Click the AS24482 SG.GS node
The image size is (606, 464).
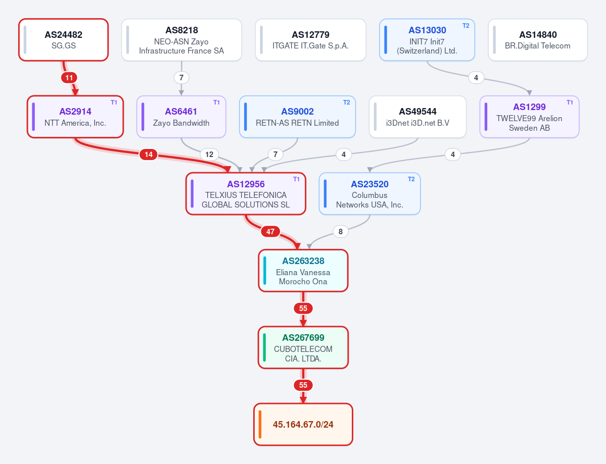pyautogui.click(x=63, y=40)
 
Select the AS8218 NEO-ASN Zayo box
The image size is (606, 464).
pyautogui.click(x=181, y=40)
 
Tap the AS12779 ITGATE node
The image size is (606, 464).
pyautogui.click(x=310, y=40)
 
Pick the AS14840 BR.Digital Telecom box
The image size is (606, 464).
pyautogui.click(x=538, y=40)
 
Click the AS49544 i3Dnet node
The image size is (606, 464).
pyautogui.click(x=417, y=117)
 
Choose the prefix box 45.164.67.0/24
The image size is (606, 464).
pyautogui.click(x=303, y=424)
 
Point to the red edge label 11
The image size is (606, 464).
pyautogui.click(x=69, y=78)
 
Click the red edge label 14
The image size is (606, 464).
pyautogui.click(x=149, y=154)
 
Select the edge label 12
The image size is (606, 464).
pyautogui.click(x=209, y=154)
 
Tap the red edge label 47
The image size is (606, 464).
pyautogui.click(x=270, y=232)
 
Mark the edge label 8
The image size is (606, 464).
pyautogui.click(x=341, y=232)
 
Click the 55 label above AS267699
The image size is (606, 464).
pyautogui.click(x=303, y=308)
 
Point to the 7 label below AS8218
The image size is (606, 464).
pyautogui.click(x=181, y=78)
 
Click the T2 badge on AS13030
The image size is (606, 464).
pyautogui.click(x=465, y=25)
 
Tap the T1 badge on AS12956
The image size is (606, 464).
pyautogui.click(x=296, y=179)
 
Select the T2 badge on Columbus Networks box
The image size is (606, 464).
pyautogui.click(x=411, y=179)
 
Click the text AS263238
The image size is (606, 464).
pyautogui.click(x=303, y=261)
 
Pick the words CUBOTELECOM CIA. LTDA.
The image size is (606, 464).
pyautogui.click(x=303, y=353)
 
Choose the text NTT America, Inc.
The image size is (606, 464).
pyautogui.click(x=75, y=123)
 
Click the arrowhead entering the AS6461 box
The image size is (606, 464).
pyautogui.click(x=181, y=92)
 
